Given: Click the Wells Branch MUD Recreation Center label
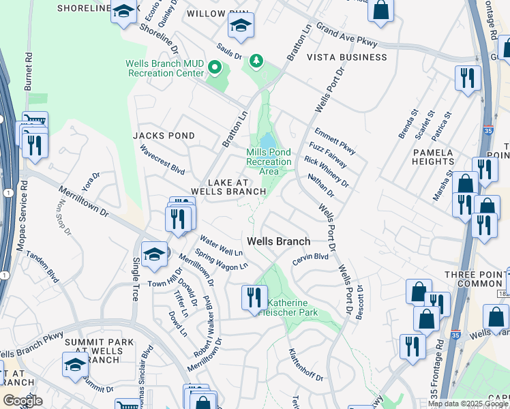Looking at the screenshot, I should (x=165, y=68).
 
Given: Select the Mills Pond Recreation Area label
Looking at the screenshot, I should (x=269, y=162).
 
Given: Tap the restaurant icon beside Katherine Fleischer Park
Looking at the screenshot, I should (x=252, y=297).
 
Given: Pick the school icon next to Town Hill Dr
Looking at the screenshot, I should (x=155, y=254).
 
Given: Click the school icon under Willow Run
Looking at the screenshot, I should (x=241, y=25).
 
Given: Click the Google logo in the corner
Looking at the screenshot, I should (x=23, y=401).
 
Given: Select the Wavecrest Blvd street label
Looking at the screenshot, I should (x=162, y=160).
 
